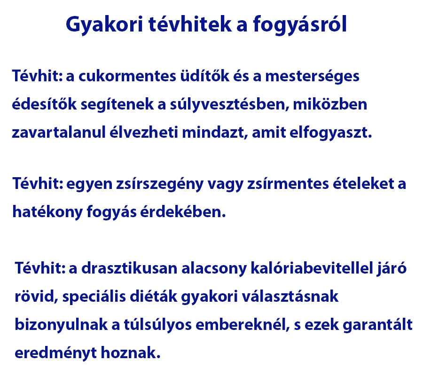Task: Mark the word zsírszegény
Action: pyautogui.click(x=160, y=184)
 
